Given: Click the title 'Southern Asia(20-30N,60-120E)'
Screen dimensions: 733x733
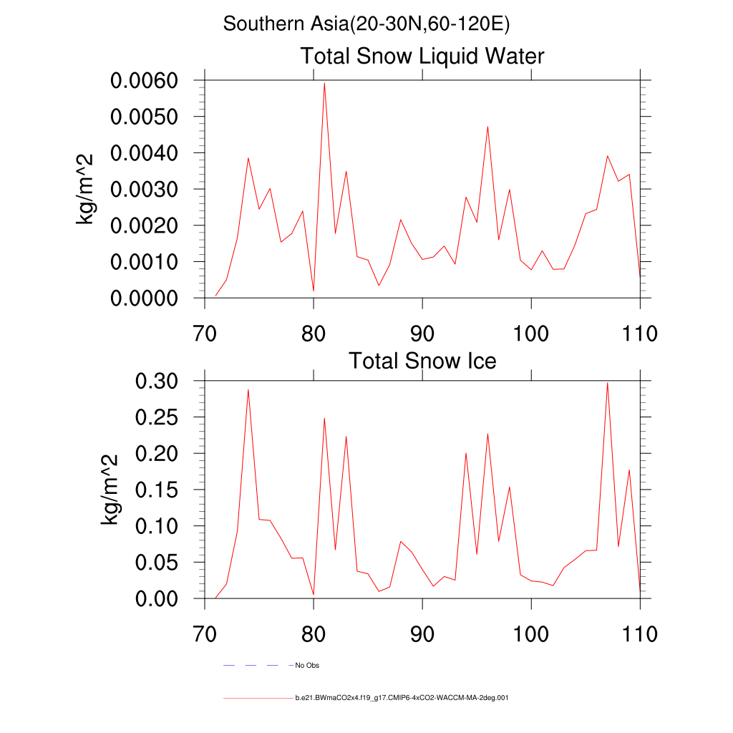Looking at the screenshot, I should click(366, 24).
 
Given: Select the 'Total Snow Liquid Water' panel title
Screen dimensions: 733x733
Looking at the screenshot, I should click(422, 56).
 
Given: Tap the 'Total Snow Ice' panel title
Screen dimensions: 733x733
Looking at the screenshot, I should click(422, 361).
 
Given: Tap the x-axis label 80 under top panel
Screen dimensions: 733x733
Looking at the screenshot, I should click(314, 334).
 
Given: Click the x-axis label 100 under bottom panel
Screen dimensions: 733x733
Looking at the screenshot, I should click(531, 634).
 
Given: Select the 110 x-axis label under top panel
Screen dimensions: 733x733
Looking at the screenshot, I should click(640, 334).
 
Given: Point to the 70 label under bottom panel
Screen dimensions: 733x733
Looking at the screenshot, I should click(205, 634).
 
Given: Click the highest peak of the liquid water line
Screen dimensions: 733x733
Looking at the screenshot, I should click(324, 83).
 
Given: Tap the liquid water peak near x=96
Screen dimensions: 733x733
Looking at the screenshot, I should click(487, 127).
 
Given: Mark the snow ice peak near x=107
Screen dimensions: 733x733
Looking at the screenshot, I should click(607, 382).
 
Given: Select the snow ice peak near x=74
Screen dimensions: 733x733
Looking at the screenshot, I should click(248, 389).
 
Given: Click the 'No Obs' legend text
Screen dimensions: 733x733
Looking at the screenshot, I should click(307, 666).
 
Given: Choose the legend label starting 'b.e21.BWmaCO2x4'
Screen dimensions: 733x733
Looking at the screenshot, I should click(402, 697).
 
